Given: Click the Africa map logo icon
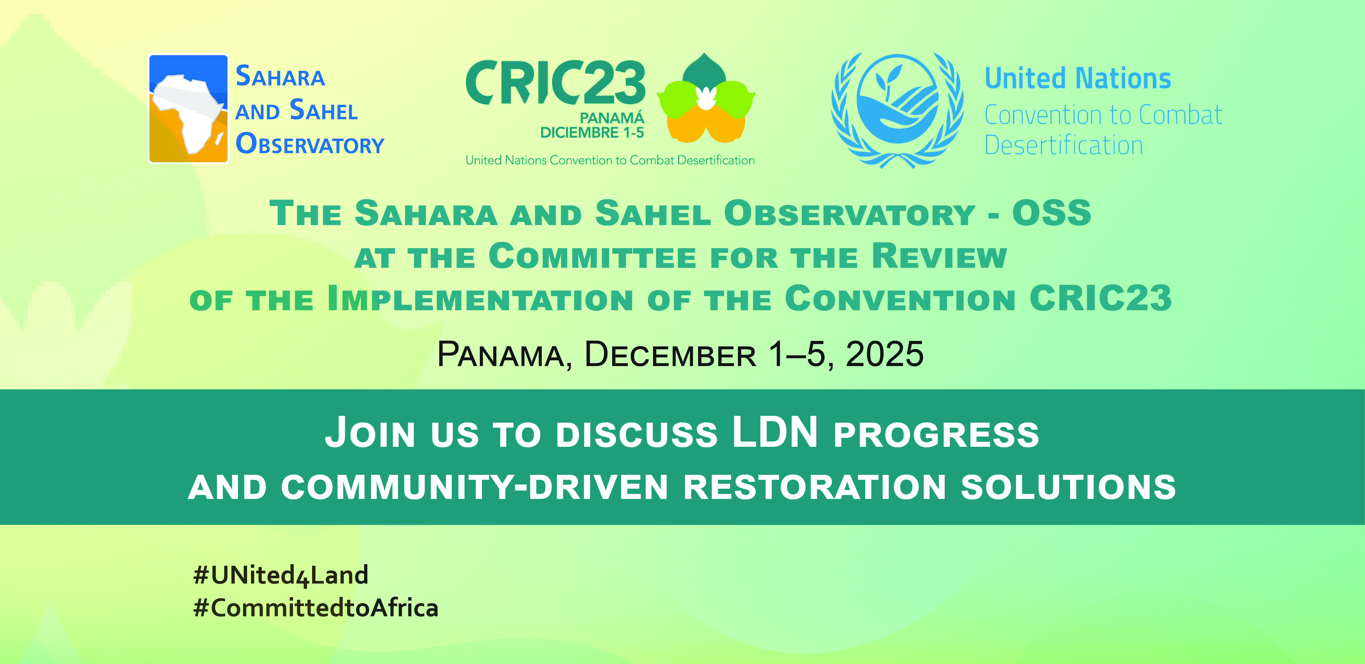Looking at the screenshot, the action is (x=188, y=109).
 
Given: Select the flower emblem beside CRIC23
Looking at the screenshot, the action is (x=706, y=98).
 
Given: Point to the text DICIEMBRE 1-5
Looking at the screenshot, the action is (x=592, y=133).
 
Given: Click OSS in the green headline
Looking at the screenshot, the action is (x=1052, y=213).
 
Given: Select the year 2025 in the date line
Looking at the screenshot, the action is (x=884, y=354).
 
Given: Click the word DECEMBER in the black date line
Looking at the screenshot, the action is (x=670, y=354).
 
